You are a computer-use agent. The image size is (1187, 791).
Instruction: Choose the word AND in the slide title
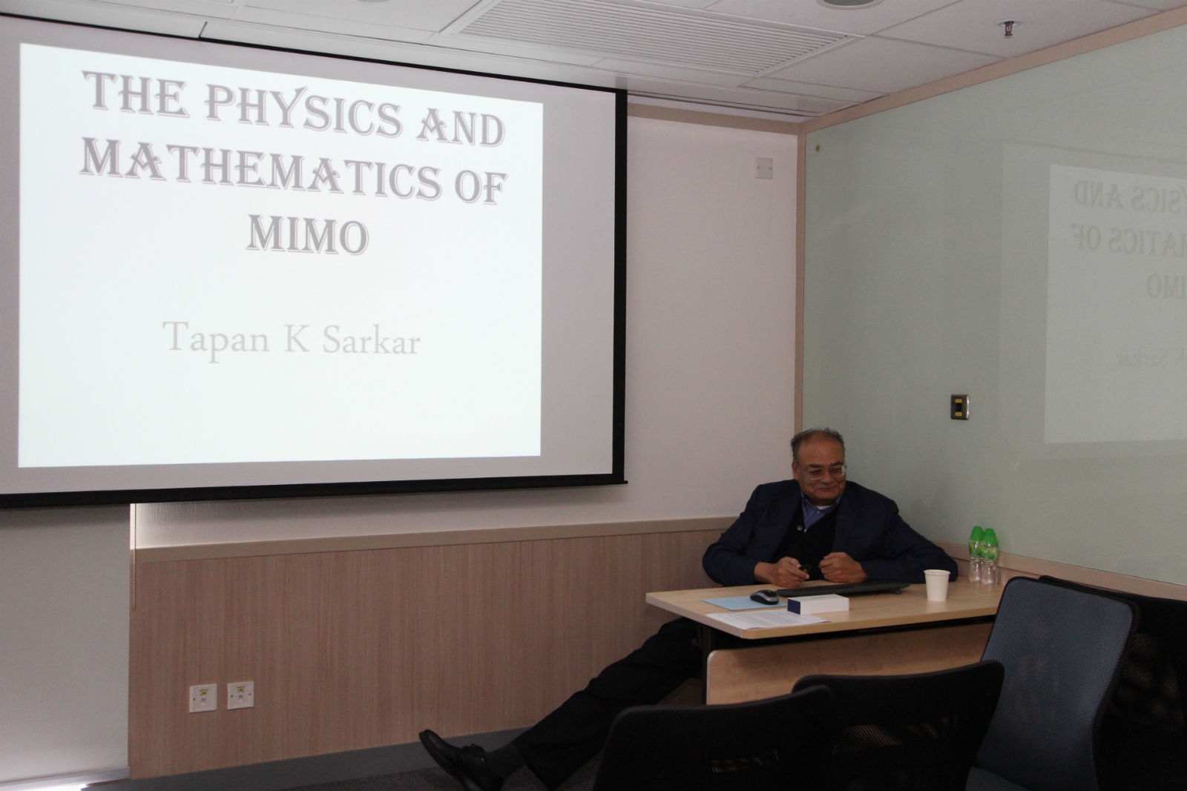coord(461,128)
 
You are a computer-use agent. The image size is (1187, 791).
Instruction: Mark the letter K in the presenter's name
coord(296,339)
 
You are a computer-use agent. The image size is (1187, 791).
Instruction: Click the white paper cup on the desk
coord(937,585)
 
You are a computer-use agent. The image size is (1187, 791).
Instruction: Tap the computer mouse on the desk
coord(764,597)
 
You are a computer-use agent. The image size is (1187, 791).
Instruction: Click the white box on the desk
coord(818,604)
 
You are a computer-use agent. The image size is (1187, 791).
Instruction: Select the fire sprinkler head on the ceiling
coord(1008,28)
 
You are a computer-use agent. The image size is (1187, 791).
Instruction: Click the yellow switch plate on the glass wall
coord(960,406)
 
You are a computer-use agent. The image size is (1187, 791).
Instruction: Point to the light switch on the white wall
coord(763,168)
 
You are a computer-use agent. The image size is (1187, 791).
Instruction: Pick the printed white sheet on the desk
coord(765,620)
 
